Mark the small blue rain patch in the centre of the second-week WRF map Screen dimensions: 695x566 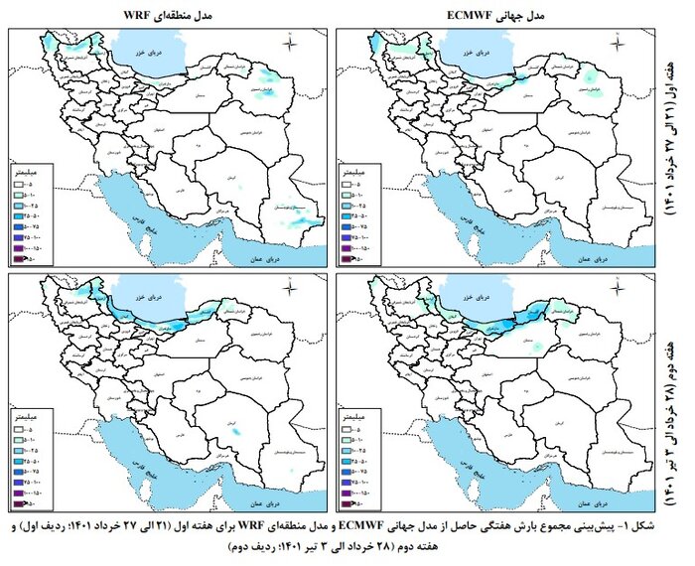coord(235,434)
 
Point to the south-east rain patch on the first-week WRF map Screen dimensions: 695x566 coord(298,212)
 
